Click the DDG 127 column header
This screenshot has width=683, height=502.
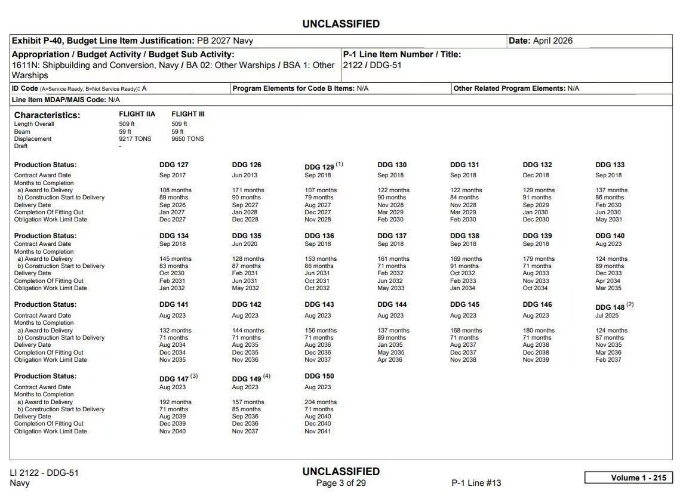174,165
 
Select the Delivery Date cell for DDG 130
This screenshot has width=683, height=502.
390,205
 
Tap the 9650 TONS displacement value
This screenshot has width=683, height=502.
187,138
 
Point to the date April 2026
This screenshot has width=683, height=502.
552,41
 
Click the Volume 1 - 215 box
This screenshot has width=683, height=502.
628,478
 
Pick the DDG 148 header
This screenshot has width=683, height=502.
610,307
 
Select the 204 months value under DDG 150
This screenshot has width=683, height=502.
321,402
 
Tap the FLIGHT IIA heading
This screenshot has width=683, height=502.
137,114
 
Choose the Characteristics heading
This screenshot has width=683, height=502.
47,115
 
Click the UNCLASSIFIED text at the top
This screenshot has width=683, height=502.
341,24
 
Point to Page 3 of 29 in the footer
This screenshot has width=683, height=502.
341,483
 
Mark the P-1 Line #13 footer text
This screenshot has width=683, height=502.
476,483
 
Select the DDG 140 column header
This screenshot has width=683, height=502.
610,236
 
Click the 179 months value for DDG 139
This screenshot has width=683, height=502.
539,258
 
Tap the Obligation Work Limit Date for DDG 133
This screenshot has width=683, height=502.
608,219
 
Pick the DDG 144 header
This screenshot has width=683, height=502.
392,304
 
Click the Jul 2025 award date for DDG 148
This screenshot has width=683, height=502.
607,315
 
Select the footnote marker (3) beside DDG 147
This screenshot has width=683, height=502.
194,377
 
